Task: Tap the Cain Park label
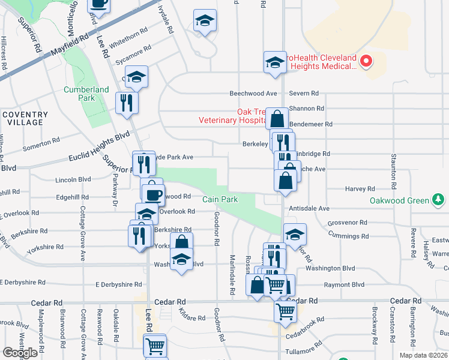click(x=220, y=199)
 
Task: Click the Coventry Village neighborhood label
click(x=25, y=118)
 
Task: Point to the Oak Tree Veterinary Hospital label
click(x=232, y=116)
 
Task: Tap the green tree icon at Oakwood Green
click(x=439, y=200)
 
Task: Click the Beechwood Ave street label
click(x=254, y=94)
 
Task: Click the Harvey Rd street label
click(x=360, y=189)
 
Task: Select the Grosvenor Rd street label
click(x=343, y=223)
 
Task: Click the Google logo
click(x=20, y=353)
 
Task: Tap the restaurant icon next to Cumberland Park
click(x=127, y=103)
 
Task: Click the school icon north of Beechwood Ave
click(x=274, y=62)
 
